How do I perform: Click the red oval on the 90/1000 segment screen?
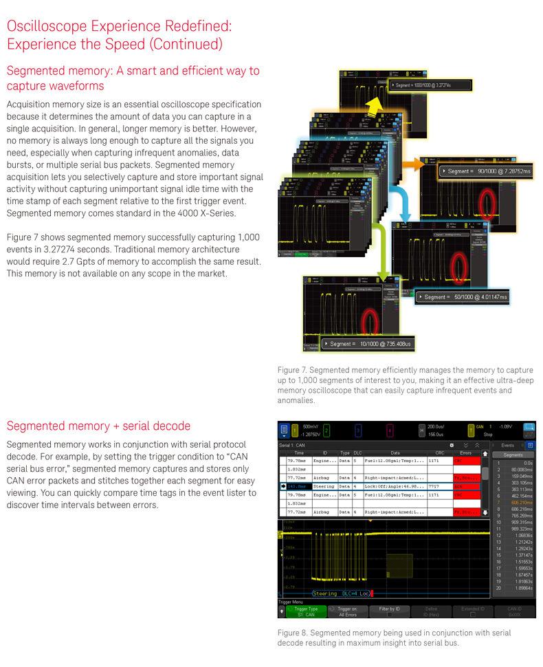(489, 199)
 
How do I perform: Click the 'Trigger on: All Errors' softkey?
(348, 611)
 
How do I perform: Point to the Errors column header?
(464, 453)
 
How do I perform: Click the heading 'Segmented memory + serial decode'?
(98, 426)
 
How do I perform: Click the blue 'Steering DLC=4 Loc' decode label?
(341, 593)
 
